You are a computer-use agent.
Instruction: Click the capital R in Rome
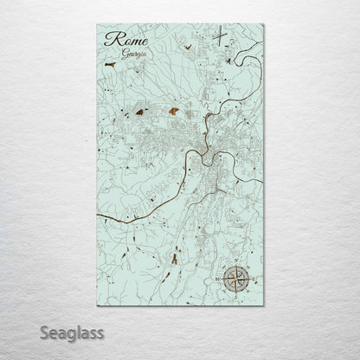point(110,39)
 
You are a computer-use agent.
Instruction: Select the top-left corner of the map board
point(96,25)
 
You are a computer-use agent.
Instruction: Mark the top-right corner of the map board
point(264,25)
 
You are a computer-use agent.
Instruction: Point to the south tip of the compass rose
point(234,293)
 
